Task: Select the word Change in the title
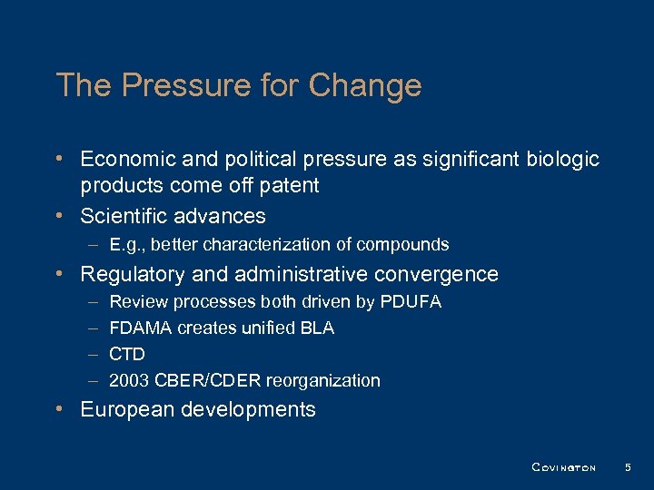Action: (x=365, y=85)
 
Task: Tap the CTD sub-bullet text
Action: (x=127, y=354)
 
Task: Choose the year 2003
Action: (x=128, y=380)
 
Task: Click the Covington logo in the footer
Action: (x=563, y=467)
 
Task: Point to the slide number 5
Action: (x=627, y=467)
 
